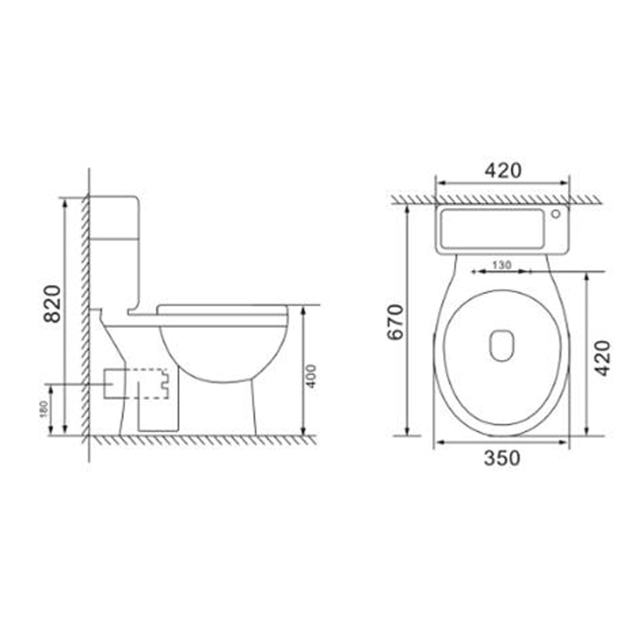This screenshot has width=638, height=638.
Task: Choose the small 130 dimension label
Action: tap(501, 264)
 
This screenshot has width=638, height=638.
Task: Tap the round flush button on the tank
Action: tap(556, 215)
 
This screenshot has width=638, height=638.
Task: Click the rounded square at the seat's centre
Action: tap(502, 346)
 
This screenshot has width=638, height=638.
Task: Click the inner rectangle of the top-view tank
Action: tap(489, 229)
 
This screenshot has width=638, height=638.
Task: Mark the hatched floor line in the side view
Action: tap(202, 440)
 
